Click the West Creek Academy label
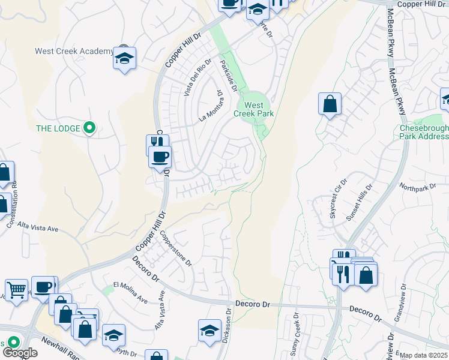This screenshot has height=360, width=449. click(74, 51)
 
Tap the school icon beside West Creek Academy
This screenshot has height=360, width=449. click(125, 59)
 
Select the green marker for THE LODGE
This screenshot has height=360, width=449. click(89, 127)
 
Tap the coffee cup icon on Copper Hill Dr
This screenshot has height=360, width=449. click(160, 158)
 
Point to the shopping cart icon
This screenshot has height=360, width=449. click(17, 290)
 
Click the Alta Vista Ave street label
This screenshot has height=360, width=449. click(37, 228)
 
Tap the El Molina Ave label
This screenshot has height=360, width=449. click(130, 290)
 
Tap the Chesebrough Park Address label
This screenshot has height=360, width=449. click(424, 132)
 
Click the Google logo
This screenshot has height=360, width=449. click(20, 353)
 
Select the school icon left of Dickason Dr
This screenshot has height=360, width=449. click(209, 331)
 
